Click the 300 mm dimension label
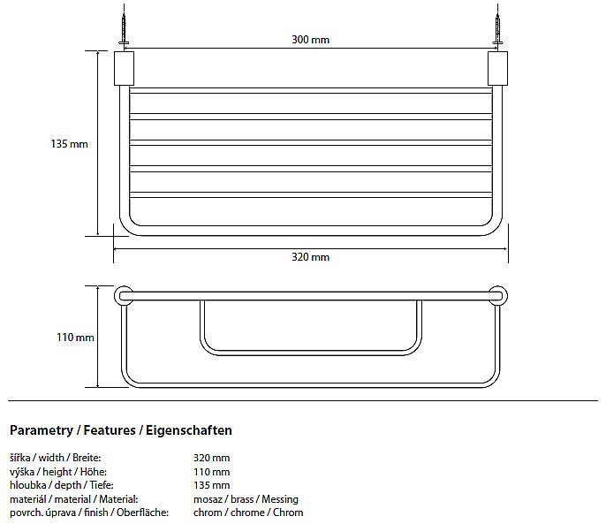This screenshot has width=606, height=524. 310,40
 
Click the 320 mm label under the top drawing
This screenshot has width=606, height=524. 310,257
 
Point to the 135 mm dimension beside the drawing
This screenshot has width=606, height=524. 69,144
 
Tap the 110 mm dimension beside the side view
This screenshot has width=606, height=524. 75,338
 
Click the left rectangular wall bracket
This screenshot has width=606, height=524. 124,68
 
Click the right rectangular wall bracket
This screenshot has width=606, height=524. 497,68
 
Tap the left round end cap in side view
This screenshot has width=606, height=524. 124,296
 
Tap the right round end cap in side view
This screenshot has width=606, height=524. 498,296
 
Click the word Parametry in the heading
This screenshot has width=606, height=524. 42,430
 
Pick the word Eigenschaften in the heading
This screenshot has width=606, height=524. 189,430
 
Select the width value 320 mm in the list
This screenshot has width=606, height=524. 212,458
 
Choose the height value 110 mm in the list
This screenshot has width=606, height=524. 212,472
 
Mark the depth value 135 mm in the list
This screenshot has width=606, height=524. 212,485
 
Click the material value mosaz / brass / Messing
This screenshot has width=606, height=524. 246,499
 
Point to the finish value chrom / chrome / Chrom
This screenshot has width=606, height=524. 248,513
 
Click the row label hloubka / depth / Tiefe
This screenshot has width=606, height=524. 62,485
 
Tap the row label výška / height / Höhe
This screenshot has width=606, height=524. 58,472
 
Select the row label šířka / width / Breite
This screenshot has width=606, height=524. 56,458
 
